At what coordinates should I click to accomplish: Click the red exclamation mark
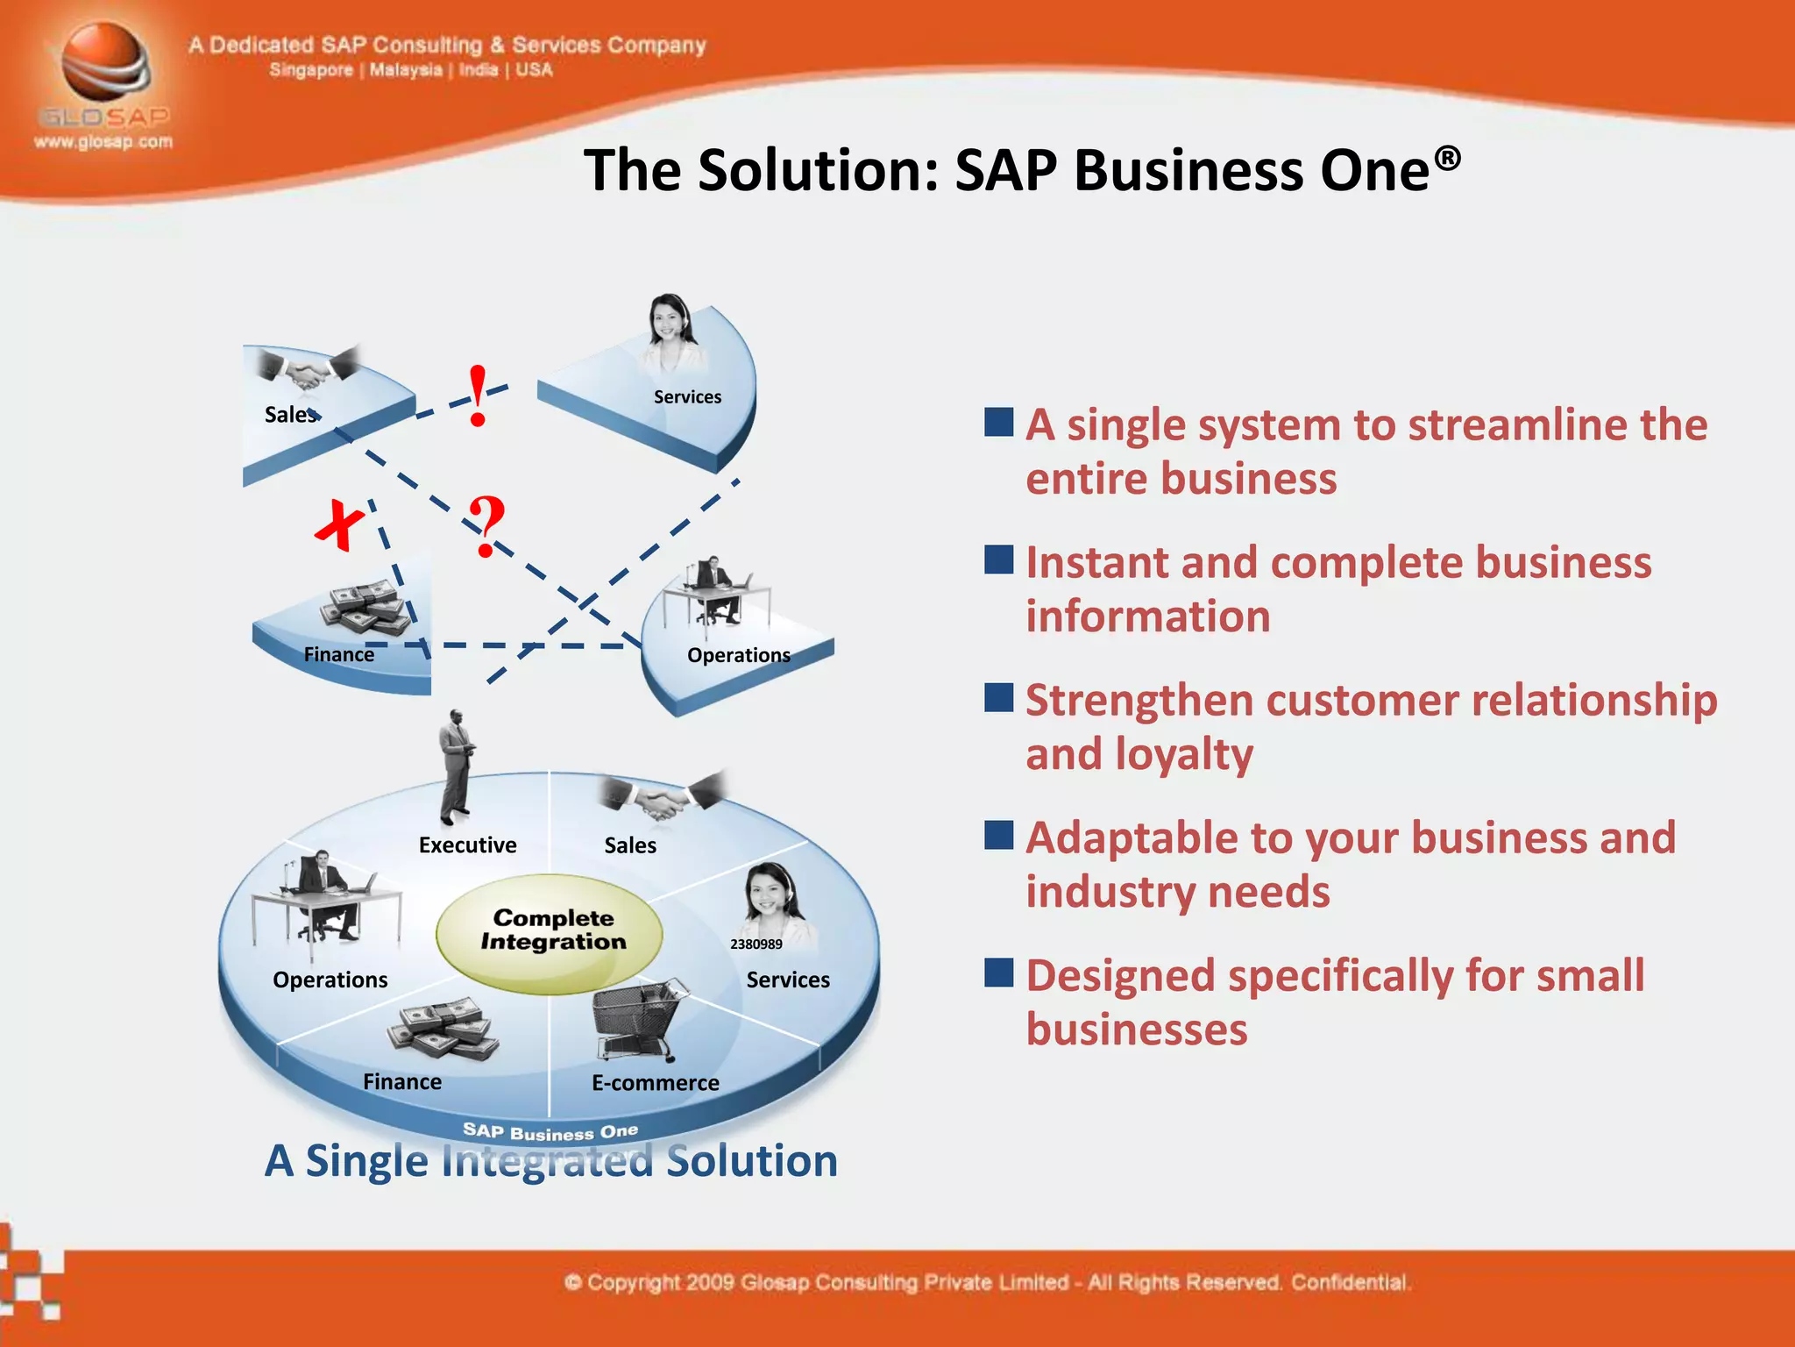[x=478, y=396]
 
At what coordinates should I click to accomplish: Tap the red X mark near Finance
[x=339, y=524]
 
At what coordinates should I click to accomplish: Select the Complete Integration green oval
[x=550, y=934]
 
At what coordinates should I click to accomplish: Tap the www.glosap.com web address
[x=103, y=142]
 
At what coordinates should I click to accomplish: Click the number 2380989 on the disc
[x=756, y=944]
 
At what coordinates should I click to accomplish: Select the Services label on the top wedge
[x=687, y=397]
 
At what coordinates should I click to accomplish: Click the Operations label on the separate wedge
[x=738, y=655]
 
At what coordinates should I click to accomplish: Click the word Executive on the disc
[x=467, y=845]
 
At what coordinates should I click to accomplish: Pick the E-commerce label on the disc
[x=655, y=1083]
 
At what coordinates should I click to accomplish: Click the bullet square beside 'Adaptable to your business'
[x=998, y=835]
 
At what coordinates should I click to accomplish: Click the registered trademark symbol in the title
[x=1447, y=158]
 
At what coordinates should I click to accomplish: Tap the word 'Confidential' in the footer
[x=1350, y=1282]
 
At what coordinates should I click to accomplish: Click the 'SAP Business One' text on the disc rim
[x=550, y=1132]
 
